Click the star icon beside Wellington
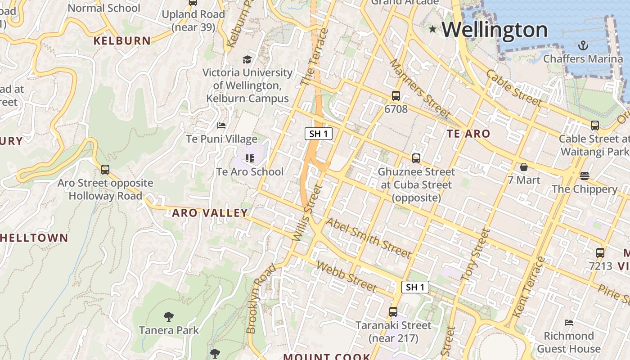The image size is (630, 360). [x=433, y=29]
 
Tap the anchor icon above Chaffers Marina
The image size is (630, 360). [x=583, y=45]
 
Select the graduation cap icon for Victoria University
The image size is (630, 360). [x=247, y=59]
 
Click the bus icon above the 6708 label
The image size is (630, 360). [x=396, y=96]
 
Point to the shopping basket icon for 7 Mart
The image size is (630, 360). [x=524, y=167]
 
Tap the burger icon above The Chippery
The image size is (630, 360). [x=585, y=175]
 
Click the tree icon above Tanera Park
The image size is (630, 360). [x=169, y=317]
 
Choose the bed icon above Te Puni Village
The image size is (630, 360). [x=221, y=125]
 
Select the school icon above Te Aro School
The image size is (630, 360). [x=250, y=158]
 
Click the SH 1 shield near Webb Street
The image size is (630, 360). [x=415, y=287]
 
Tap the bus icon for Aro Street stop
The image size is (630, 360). [x=105, y=170]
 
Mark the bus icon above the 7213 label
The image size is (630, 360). [x=600, y=253]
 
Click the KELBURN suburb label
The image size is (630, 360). [x=122, y=41]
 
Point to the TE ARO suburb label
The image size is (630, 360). [x=468, y=134]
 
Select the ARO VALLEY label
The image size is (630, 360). [x=210, y=213]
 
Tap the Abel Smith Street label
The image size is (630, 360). [x=368, y=238]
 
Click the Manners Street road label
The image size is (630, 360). [x=419, y=89]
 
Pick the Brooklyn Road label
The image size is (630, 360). [x=261, y=299]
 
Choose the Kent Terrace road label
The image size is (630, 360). [x=529, y=287]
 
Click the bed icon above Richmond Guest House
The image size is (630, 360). [x=569, y=323]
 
